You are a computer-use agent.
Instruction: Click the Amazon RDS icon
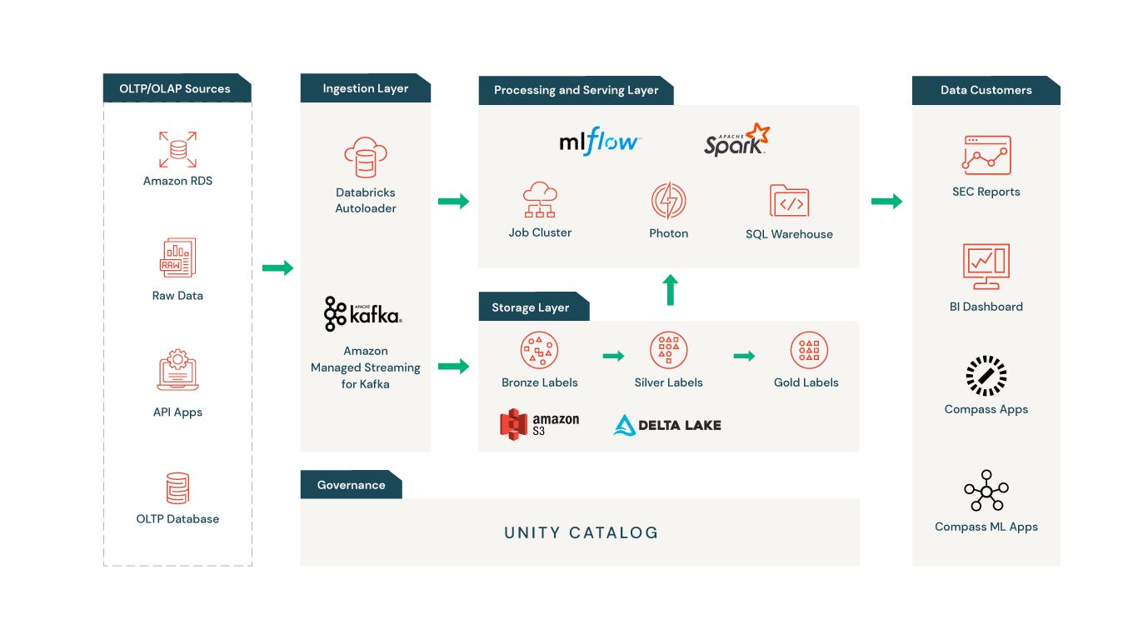177,150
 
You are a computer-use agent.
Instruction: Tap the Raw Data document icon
177,257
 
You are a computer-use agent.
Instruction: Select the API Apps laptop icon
177,372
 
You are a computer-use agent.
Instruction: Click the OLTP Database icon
177,488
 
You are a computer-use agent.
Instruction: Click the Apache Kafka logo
362,314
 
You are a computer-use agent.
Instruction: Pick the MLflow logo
599,142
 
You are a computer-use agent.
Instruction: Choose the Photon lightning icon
668,201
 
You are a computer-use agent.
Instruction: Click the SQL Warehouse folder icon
789,201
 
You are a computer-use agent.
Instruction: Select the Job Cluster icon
540,201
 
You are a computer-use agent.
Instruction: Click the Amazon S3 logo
539,424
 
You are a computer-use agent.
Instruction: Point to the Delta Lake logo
667,425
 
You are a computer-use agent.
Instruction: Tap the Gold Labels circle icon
808,351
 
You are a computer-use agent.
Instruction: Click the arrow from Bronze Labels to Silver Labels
613,357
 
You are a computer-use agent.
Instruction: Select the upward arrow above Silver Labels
670,290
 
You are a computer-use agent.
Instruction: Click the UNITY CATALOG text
581,532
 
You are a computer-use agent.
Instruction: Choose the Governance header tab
351,485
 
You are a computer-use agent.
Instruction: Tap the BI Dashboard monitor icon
986,267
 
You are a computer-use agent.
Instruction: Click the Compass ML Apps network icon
986,491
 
